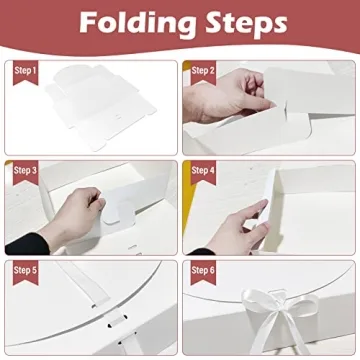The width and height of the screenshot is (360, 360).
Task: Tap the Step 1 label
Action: tap(25, 71)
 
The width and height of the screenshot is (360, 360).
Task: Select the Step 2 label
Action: tap(203, 71)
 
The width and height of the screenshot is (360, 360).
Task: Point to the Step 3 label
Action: tap(25, 170)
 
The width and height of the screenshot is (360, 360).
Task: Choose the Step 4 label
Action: tap(203, 170)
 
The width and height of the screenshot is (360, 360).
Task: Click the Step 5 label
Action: tap(25, 270)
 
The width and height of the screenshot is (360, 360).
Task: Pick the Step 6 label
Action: tap(203, 270)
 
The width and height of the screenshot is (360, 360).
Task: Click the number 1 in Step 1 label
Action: tap(35, 71)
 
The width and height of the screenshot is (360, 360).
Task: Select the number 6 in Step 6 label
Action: tap(213, 270)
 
